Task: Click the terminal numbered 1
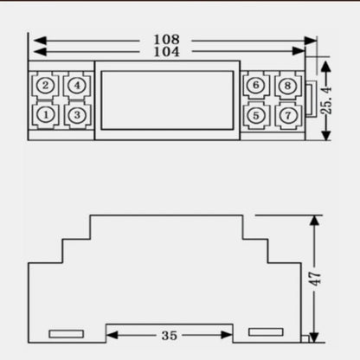pos(46,115)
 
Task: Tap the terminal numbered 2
pos(46,86)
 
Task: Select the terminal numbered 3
pos(77,115)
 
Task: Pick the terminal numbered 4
pos(77,86)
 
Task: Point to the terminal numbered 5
pos(256,115)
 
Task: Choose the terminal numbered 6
pos(256,86)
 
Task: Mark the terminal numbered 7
pos(288,115)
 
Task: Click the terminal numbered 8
pos(288,86)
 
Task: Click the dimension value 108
pos(166,40)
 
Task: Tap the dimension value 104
pos(166,52)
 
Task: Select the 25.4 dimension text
pos(327,100)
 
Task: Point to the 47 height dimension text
pos(315,279)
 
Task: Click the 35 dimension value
pos(170,335)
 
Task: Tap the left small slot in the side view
pos(67,334)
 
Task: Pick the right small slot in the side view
pos(266,332)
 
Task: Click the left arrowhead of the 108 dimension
pos(40,41)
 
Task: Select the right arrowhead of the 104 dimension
pos(299,51)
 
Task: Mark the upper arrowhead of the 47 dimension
pos(314,221)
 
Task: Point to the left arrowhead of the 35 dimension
pos(112,335)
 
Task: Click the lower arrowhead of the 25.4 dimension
pos(326,135)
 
